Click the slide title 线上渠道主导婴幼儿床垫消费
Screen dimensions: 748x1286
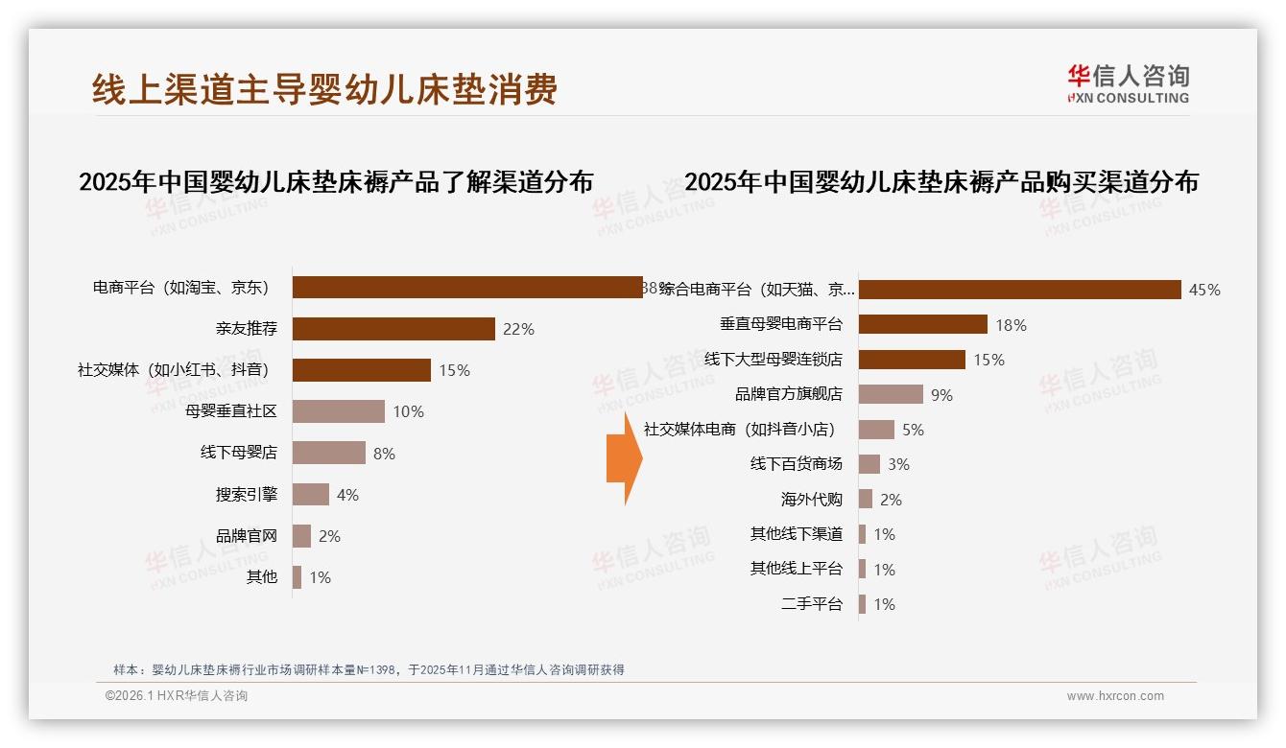[x=324, y=89]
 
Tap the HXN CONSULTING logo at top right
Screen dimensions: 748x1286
[x=1128, y=84]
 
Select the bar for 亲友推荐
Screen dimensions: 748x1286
[x=393, y=329]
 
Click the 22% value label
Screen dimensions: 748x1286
[x=518, y=329]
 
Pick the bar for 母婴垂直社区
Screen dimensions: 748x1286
[x=338, y=411]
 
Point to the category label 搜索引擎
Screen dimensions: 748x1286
[x=247, y=495]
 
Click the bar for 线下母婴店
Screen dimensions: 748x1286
[x=328, y=453]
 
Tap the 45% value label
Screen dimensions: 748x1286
[x=1204, y=290]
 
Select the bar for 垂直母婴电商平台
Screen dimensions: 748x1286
[x=922, y=324]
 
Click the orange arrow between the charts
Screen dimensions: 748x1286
[x=624, y=458]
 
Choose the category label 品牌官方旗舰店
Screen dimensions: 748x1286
[x=788, y=394]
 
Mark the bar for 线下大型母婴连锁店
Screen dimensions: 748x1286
[x=912, y=360]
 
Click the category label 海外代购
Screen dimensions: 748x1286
[x=811, y=500]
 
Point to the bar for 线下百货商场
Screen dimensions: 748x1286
[x=869, y=464]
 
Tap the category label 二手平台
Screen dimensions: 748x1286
[x=811, y=604]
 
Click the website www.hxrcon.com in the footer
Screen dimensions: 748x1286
[x=1115, y=696]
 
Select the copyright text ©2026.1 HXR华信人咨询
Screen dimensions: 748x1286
[x=177, y=696]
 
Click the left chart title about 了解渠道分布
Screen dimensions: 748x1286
[x=336, y=182]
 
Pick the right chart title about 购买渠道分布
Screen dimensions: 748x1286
[x=941, y=182]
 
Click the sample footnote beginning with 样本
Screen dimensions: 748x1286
[x=369, y=669]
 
